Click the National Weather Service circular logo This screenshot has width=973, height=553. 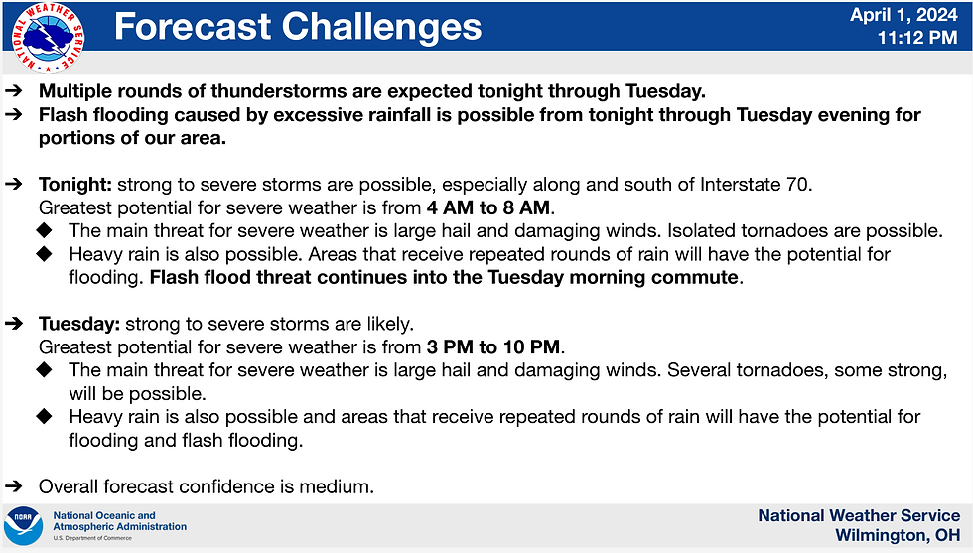48,38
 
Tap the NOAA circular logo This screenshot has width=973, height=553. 23,526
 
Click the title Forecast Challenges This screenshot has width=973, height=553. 298,27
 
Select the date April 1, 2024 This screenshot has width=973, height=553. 903,15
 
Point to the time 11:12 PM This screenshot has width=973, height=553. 917,38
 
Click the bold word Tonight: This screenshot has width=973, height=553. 75,185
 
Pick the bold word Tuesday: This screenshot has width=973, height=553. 78,324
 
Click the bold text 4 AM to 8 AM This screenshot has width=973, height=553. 488,207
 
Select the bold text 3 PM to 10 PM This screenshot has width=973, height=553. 493,346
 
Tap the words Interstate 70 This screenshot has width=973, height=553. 755,185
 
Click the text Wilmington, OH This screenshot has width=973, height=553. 898,535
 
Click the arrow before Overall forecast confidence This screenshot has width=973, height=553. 14,486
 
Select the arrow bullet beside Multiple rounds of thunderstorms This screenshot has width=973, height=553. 14,91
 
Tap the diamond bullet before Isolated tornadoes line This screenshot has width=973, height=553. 44,231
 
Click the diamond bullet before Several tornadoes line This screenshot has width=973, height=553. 44,370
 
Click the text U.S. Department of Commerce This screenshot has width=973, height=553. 92,538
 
